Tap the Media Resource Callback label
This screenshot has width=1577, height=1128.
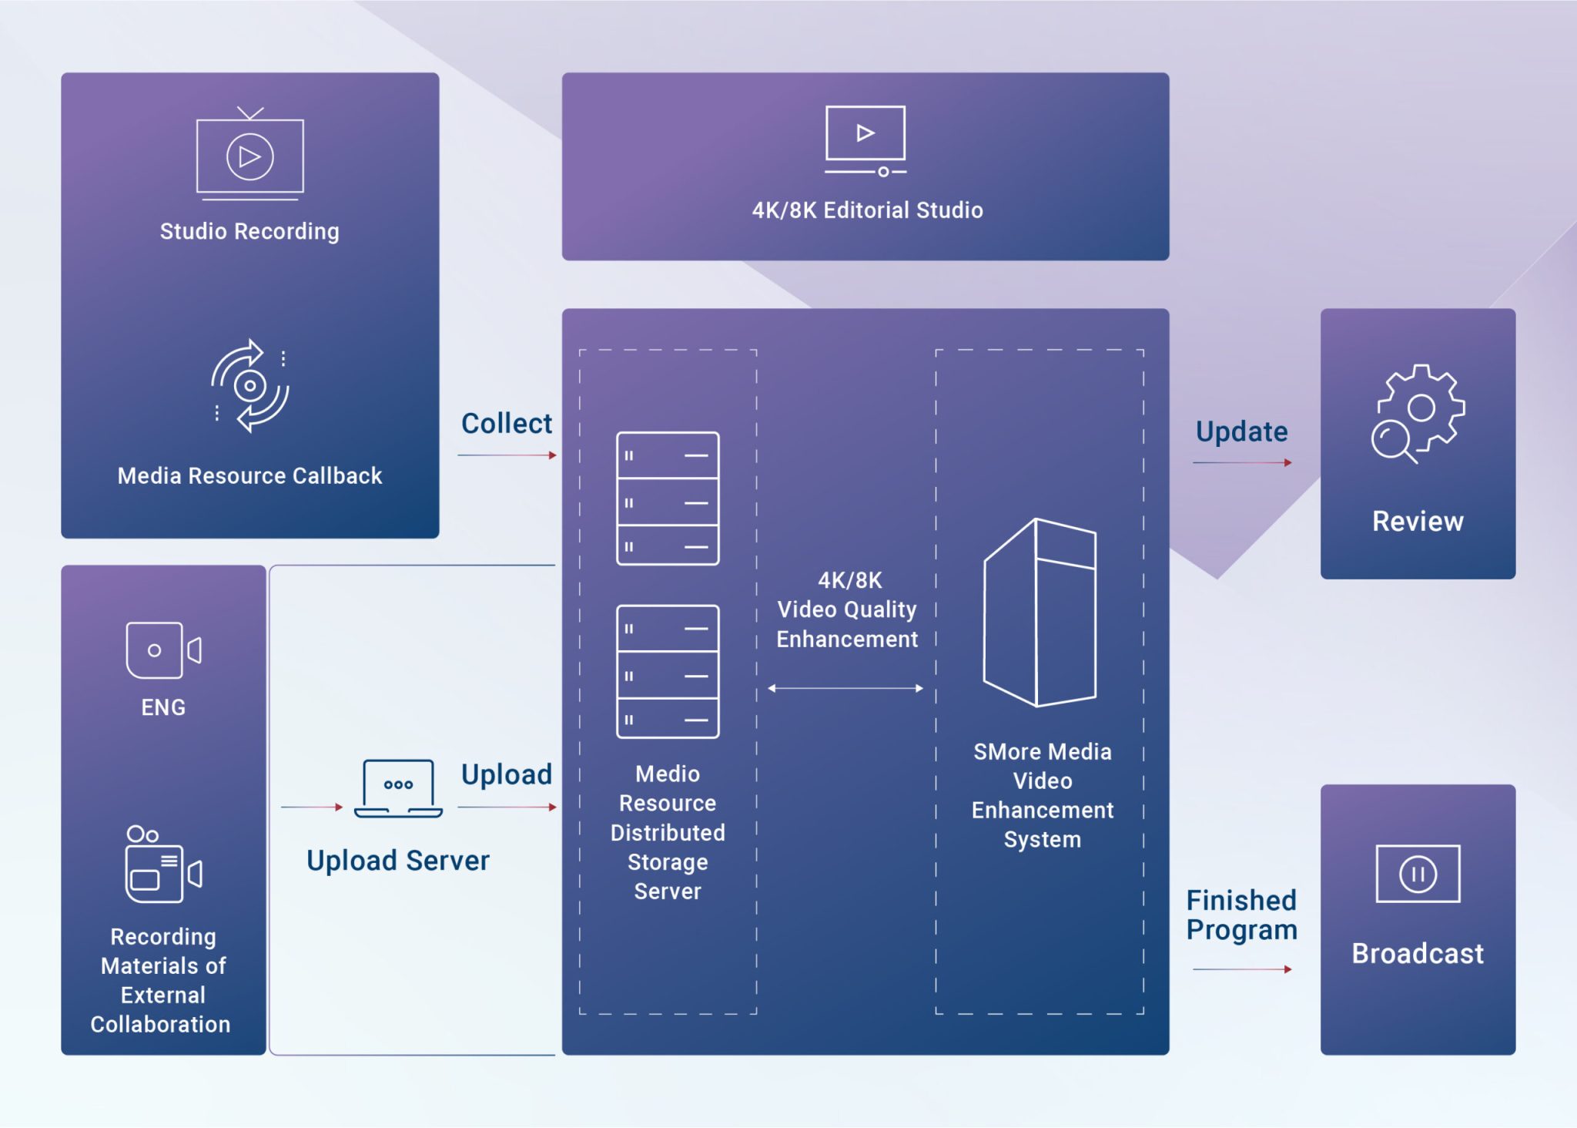(249, 476)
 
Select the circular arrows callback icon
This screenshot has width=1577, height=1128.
(250, 385)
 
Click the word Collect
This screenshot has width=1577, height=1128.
(506, 424)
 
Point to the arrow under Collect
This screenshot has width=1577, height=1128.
(507, 455)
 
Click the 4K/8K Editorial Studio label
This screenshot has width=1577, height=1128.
(867, 210)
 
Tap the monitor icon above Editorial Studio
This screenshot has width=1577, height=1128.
(866, 139)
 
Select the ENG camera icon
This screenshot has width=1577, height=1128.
(163, 650)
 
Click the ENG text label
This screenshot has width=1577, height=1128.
(163, 707)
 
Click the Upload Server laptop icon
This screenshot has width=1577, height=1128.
(398, 788)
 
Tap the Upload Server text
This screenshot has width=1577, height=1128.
(397, 861)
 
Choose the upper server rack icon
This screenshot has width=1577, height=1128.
(668, 499)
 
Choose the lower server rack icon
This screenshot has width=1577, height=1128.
(668, 672)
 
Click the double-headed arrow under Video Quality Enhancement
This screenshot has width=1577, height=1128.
(845, 688)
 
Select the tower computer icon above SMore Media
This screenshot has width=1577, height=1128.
(1040, 613)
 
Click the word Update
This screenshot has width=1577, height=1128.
(1241, 431)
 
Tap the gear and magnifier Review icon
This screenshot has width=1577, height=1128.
(1418, 414)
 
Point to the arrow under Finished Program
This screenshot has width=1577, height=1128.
(1242, 969)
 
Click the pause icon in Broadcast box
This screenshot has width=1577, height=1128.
(1418, 874)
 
